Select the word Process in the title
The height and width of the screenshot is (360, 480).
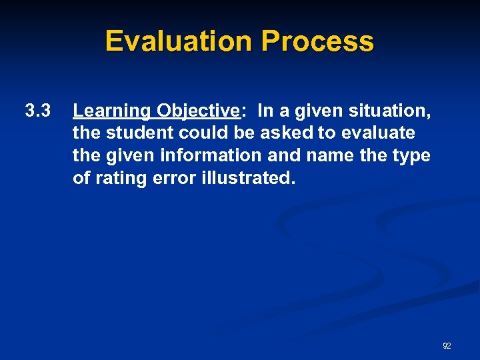pyautogui.click(x=317, y=41)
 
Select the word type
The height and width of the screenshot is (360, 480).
pyautogui.click(x=413, y=156)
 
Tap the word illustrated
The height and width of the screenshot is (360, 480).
pyautogui.click(x=247, y=178)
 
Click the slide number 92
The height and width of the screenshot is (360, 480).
pyautogui.click(x=447, y=346)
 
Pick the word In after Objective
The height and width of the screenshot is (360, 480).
pyautogui.click(x=265, y=111)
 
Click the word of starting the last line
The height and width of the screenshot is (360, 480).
pyautogui.click(x=81, y=178)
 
